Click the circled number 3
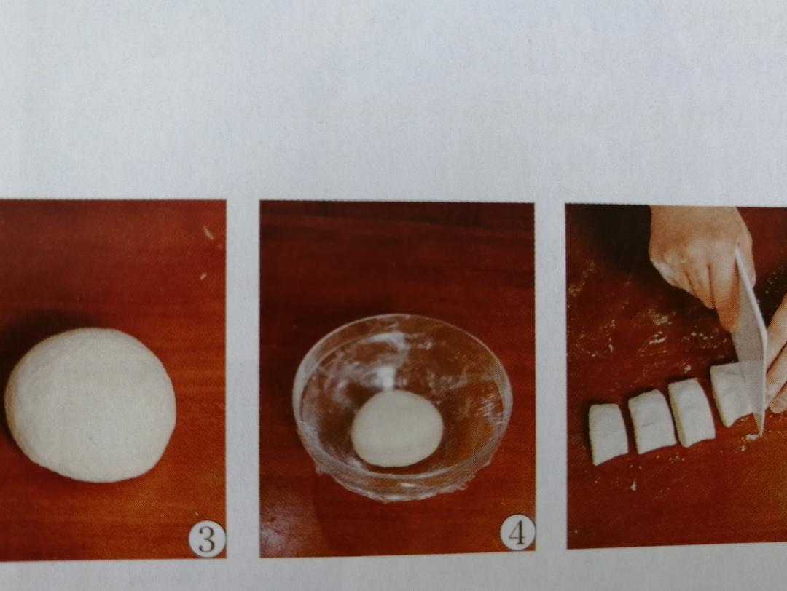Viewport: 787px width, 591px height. point(207,539)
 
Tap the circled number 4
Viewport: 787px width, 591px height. point(517,533)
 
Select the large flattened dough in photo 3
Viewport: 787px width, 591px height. point(90,405)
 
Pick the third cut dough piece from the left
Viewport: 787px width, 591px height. point(691,413)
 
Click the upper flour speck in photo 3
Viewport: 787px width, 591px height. point(208,233)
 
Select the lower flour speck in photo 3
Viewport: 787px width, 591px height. point(203,276)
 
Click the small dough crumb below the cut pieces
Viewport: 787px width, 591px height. point(634,485)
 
